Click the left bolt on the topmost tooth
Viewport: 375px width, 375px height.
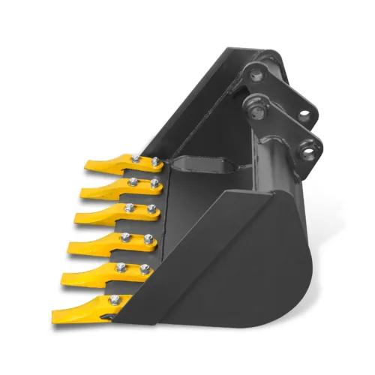135,158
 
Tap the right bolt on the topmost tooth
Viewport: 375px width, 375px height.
155,161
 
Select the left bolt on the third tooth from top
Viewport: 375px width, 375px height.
129,207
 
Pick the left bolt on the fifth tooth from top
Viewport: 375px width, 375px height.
119,267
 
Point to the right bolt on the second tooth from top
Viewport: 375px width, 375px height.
154,182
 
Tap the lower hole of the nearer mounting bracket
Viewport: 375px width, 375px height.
307,153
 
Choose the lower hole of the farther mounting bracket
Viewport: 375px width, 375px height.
302,116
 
